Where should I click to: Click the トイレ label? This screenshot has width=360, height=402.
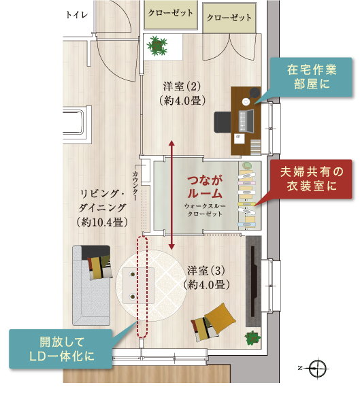click(x=77, y=15)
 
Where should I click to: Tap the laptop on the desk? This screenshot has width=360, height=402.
click(x=246, y=121)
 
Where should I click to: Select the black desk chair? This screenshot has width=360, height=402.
click(x=223, y=122)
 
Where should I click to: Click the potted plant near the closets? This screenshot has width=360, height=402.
click(x=157, y=46)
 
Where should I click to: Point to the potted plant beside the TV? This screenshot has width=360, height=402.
click(x=252, y=338)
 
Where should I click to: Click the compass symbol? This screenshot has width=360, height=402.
click(x=318, y=369)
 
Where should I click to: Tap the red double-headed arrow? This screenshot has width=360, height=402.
click(x=171, y=195)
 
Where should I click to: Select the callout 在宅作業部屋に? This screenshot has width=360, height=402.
click(x=312, y=77)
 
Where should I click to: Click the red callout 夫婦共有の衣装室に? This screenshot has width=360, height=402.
click(x=312, y=179)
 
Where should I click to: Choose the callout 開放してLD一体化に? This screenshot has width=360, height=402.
click(x=61, y=349)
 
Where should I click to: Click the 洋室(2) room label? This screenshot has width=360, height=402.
click(x=182, y=94)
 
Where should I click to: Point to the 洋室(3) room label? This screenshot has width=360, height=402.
click(x=206, y=278)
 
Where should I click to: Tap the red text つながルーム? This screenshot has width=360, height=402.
click(x=205, y=187)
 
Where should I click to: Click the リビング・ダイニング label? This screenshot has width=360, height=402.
click(x=102, y=208)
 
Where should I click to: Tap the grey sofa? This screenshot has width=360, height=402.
click(x=91, y=285)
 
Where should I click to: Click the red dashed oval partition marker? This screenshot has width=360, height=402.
click(x=142, y=286)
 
